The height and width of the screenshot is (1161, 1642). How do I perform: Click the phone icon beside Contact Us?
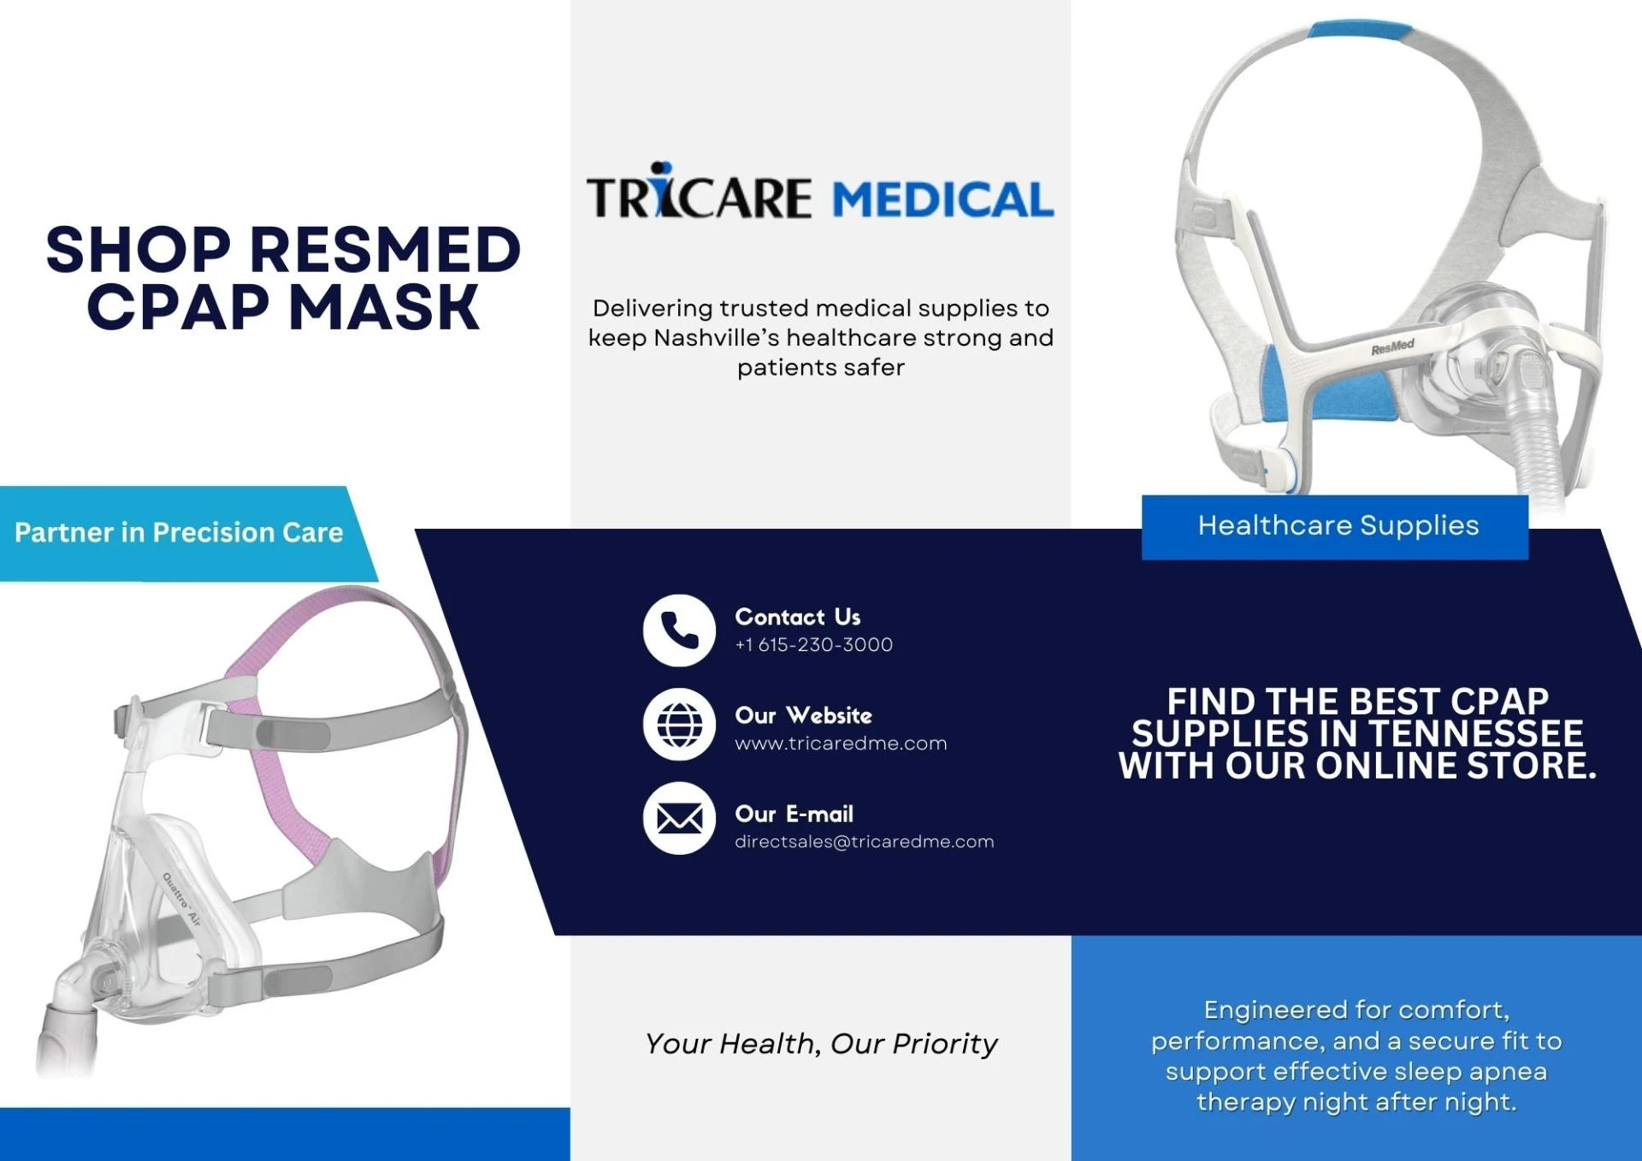pos(679,631)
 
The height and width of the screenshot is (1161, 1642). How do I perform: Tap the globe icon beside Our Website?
pos(679,725)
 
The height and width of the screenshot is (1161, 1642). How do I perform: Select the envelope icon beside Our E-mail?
pos(679,819)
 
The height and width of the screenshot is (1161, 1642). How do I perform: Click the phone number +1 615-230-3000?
pos(813,645)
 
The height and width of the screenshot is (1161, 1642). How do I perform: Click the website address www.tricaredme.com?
pos(841,743)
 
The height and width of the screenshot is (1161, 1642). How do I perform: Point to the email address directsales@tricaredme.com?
pos(864,842)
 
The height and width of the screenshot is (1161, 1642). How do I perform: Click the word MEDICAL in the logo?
pos(942,199)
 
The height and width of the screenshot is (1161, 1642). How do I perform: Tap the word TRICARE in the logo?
pos(698,197)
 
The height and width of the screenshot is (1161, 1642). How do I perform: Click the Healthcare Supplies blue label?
pos(1337,526)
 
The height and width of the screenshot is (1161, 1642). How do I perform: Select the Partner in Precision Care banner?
pos(179,533)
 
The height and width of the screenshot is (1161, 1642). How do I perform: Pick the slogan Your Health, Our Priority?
pos(821,1044)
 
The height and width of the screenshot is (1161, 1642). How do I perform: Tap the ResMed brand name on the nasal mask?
pos(1392,347)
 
